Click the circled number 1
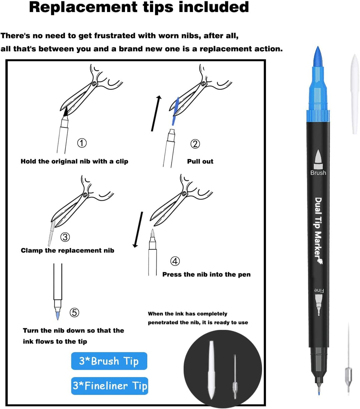click(82, 143)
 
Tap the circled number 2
click(195, 144)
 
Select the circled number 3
click(65, 237)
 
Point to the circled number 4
click(175, 261)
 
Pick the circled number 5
click(74, 313)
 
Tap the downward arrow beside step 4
click(138, 230)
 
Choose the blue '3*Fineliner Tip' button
click(109, 386)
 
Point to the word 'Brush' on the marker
click(318, 173)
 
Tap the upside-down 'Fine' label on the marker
click(319, 291)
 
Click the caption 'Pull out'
click(200, 161)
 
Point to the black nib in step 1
click(66, 111)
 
